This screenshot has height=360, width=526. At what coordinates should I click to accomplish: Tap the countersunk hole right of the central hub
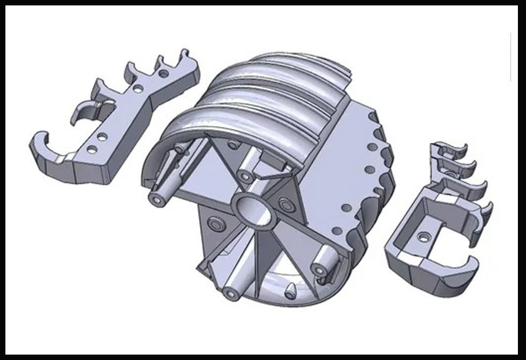285,204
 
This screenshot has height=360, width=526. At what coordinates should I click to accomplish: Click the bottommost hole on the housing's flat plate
337,230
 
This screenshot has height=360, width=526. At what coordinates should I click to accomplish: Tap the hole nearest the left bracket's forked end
164,73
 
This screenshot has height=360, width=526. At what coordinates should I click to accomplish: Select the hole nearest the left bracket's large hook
92,149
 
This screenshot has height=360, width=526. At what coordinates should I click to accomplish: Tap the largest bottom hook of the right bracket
454,270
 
